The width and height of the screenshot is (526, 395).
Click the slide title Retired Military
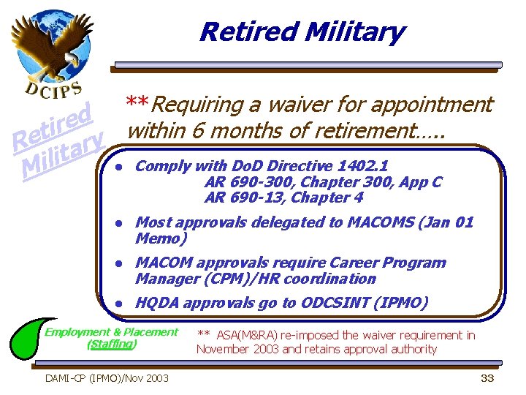click(x=301, y=32)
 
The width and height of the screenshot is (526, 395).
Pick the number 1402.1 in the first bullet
click(x=367, y=166)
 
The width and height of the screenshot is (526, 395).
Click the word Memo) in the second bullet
click(x=161, y=238)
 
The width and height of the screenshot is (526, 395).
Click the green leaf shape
click(x=29, y=345)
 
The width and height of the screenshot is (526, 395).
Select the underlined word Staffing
click(x=112, y=344)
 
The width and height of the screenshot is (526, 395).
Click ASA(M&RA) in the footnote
click(x=248, y=335)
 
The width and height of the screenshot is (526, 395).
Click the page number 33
click(x=487, y=378)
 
